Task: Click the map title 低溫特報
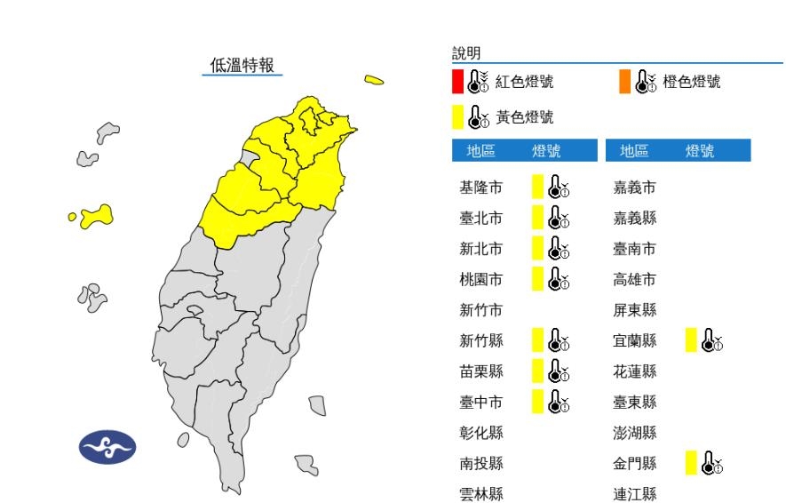point(242,65)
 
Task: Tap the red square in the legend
point(457,82)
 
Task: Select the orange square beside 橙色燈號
point(625,82)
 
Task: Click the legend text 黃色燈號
point(524,116)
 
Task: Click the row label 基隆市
point(480,187)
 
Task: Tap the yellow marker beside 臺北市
point(537,217)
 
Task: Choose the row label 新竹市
point(480,309)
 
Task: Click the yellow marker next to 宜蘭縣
point(691,339)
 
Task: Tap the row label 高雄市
point(635,279)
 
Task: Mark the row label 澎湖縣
point(635,432)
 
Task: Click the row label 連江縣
point(635,493)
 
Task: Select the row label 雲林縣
point(480,493)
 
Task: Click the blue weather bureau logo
point(107,448)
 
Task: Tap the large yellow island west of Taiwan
point(95,217)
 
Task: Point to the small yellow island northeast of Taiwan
point(374,80)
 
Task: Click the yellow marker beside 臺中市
point(537,402)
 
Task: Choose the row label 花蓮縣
point(635,371)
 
